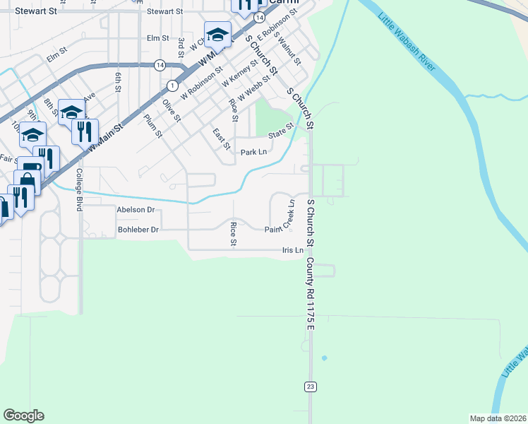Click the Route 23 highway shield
310,387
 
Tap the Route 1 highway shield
172,85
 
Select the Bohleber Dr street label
139,230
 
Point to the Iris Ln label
293,250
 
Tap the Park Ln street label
254,152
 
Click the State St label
280,130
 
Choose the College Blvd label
80,190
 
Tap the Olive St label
172,110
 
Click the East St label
221,139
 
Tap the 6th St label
118,80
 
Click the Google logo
23,416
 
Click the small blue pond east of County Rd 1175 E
325,358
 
